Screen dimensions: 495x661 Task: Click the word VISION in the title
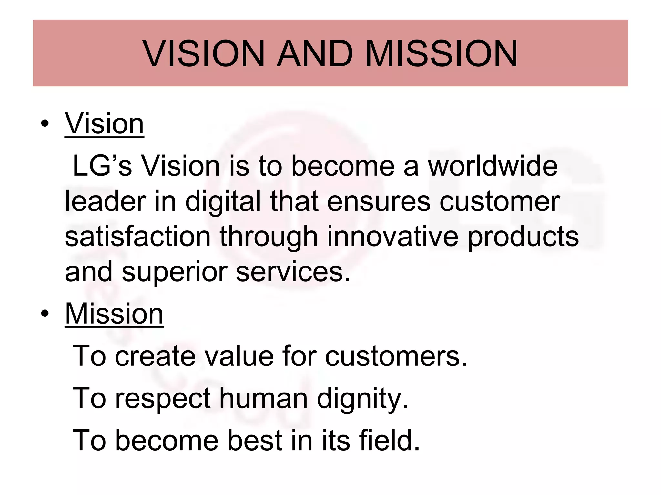pyautogui.click(x=204, y=53)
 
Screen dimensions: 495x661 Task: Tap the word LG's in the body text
pyautogui.click(x=102, y=166)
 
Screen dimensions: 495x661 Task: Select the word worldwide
pyautogui.click(x=493, y=166)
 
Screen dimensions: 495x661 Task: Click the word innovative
pyautogui.click(x=393, y=237)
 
